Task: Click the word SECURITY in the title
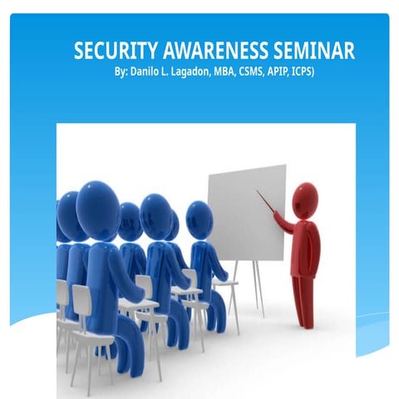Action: pos(112,51)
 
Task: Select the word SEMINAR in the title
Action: pos(315,51)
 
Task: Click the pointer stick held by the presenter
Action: pos(267,203)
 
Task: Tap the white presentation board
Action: pos(246,212)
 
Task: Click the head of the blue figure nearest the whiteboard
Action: pos(199,220)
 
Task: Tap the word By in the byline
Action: pos(121,72)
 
